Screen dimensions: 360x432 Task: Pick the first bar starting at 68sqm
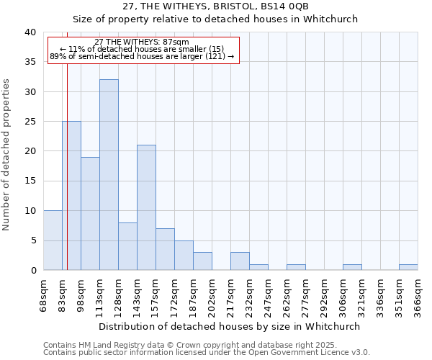[x=53, y=240]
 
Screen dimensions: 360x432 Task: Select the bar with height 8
[x=127, y=246]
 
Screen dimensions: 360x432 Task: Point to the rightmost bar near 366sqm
[x=408, y=267]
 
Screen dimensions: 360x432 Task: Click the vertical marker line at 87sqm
[x=67, y=144]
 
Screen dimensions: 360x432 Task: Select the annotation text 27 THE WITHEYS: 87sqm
[x=142, y=42]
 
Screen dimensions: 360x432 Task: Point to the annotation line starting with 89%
[x=142, y=56]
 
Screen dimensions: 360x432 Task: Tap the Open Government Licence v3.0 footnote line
[x=207, y=353]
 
